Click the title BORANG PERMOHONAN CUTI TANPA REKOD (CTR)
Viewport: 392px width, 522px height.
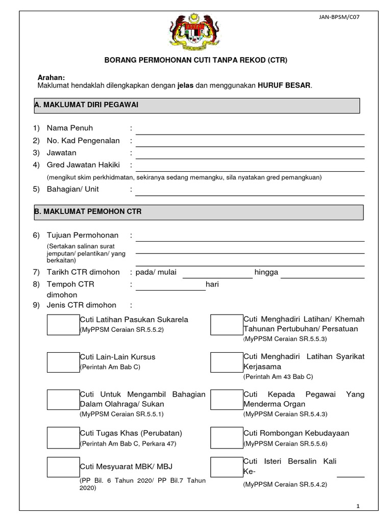196,60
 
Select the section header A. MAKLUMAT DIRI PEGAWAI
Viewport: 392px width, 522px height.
197,105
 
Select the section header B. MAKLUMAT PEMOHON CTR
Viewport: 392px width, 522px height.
199,212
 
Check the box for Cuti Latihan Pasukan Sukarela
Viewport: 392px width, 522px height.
63,324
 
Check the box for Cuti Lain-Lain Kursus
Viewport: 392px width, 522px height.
63,361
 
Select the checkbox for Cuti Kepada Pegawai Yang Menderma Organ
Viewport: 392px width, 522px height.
227,400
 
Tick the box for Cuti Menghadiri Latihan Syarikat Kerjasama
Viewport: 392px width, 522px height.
227,361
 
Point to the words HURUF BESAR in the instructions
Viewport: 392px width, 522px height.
284,86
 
